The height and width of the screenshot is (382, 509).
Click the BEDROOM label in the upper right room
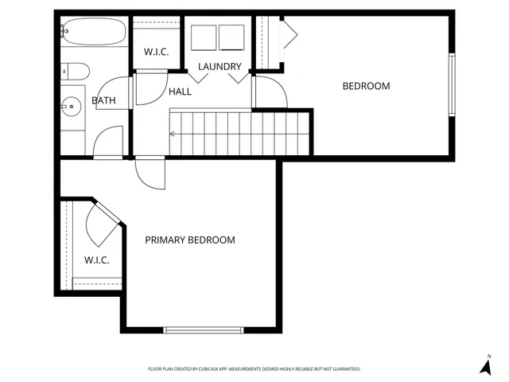click(x=366, y=86)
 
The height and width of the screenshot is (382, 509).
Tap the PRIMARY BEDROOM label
click(x=189, y=240)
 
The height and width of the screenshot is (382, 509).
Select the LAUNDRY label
click(x=220, y=67)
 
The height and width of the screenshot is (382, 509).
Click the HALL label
click(x=180, y=92)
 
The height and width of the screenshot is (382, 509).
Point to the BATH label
click(x=103, y=100)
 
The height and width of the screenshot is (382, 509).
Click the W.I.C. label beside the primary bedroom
click(x=96, y=260)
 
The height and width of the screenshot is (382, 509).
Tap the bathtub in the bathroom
click(x=93, y=33)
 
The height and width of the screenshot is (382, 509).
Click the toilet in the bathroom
click(x=74, y=71)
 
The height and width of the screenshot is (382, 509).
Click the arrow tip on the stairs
click(x=171, y=134)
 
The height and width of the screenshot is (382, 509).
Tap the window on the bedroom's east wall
click(x=452, y=85)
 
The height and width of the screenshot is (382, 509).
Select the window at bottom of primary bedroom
click(x=204, y=329)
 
